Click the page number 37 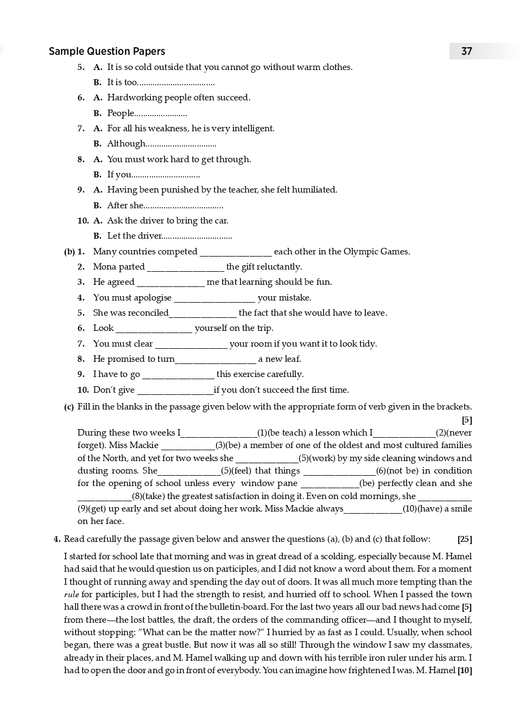[x=466, y=51]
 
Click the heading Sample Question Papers [x=107, y=51]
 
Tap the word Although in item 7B [x=126, y=144]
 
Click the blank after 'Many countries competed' [x=236, y=252]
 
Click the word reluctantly [x=279, y=267]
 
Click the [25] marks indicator [x=465, y=539]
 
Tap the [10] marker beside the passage [x=465, y=670]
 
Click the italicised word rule [x=71, y=594]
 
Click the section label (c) [x=69, y=407]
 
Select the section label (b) [x=69, y=252]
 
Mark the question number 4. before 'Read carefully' [x=57, y=539]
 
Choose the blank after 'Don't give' [x=175, y=391]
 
